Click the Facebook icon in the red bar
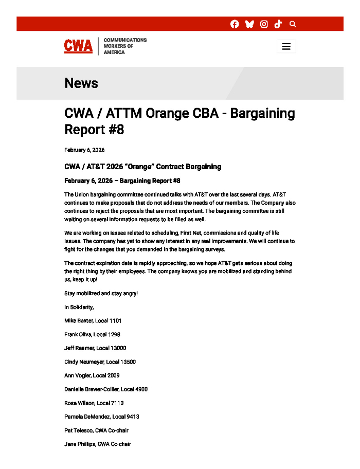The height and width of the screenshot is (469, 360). (235, 24)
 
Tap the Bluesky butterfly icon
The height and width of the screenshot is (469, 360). (249, 24)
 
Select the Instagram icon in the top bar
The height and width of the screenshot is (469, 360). (264, 24)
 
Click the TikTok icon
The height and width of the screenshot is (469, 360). (278, 24)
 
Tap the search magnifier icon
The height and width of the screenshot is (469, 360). (293, 24)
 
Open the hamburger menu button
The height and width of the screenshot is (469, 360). (286, 46)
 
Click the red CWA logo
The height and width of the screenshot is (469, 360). (78, 46)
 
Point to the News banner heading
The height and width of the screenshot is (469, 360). (81, 83)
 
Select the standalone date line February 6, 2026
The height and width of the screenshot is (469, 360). (84, 150)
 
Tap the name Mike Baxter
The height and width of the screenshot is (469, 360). (78, 321)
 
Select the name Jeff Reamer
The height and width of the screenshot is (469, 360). (79, 348)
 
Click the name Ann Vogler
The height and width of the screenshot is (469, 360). (77, 376)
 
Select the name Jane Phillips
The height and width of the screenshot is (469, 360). (80, 444)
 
